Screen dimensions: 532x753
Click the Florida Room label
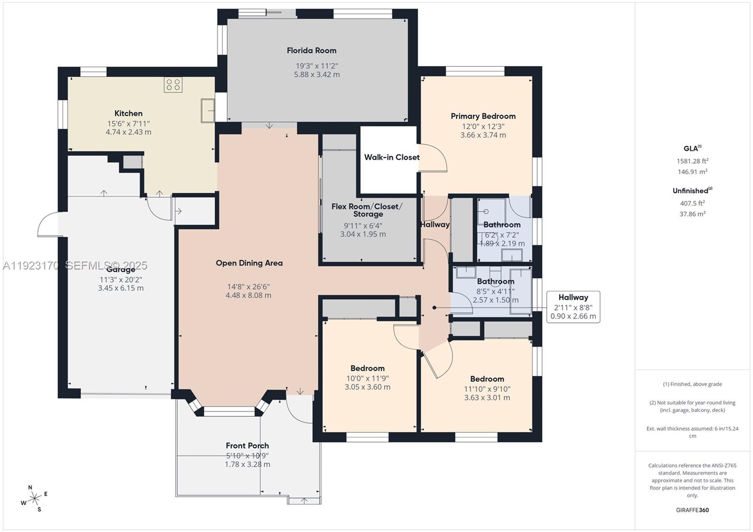(312, 50)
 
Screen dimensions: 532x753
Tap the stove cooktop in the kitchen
(173, 85)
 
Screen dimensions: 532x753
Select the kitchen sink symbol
(208, 111)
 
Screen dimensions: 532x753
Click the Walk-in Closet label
(392, 157)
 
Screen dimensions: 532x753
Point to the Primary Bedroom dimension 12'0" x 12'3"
(483, 126)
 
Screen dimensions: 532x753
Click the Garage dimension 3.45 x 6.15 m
(120, 288)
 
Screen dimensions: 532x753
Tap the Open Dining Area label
(249, 263)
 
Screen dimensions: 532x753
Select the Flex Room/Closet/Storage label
(367, 210)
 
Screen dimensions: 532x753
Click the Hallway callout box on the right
(573, 307)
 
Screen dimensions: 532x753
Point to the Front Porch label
(247, 445)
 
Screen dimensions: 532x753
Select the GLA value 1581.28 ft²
(692, 161)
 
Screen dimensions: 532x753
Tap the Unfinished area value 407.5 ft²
(692, 203)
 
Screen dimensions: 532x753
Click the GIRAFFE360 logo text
(692, 510)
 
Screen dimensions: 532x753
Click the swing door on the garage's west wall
(48, 225)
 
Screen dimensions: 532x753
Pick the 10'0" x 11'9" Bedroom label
(367, 368)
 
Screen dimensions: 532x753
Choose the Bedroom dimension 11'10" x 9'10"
(487, 389)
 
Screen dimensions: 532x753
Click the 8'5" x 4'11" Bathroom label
(495, 281)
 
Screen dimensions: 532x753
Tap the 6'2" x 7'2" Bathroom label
(502, 225)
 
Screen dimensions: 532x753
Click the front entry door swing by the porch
(297, 409)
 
